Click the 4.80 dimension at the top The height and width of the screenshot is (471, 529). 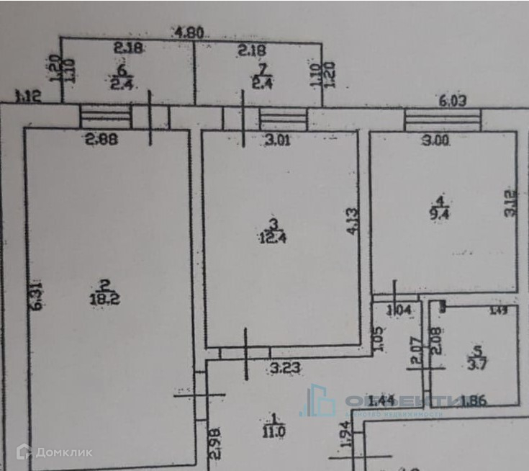pyautogui.click(x=190, y=32)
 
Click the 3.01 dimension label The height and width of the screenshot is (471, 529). pyautogui.click(x=277, y=140)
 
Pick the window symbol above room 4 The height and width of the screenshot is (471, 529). pyautogui.click(x=442, y=120)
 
